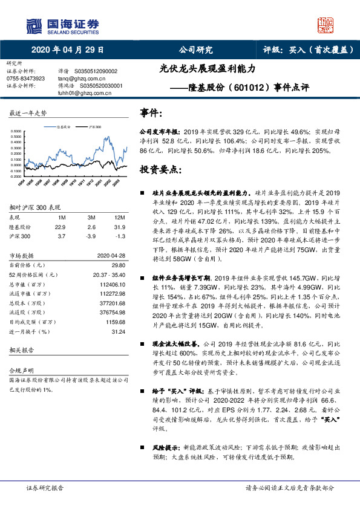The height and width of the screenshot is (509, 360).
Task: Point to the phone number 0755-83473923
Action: (x=25, y=79)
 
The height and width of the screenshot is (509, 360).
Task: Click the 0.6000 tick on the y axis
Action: (x=19, y=131)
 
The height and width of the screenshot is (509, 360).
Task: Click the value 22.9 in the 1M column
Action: (x=60, y=227)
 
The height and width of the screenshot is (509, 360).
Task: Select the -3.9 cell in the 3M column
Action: (x=90, y=236)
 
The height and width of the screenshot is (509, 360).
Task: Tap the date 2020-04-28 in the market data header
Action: (x=112, y=256)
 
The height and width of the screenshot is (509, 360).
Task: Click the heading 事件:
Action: (x=151, y=113)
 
